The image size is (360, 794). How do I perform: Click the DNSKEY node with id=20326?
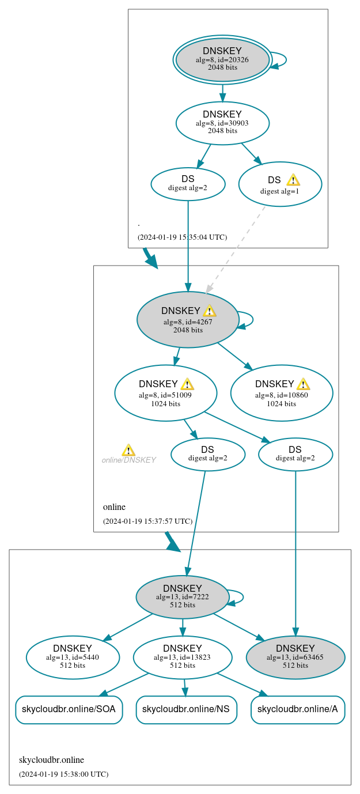coord(222,59)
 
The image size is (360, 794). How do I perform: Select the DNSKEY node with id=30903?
coord(222,123)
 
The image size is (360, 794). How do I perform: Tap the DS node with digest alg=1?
coord(280,184)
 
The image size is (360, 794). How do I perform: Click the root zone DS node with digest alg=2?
coord(188,184)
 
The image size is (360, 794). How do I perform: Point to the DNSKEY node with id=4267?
coord(188,320)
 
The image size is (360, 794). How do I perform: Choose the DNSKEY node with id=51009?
coord(166,393)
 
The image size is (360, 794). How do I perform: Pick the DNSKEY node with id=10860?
coord(282,393)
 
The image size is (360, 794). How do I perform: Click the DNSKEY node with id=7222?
coord(183,597)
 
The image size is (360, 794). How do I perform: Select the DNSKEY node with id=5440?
coord(73,657)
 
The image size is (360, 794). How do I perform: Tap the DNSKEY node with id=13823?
coord(183,657)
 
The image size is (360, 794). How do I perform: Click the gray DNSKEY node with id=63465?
coord(295,657)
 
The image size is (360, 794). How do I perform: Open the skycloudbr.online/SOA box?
coord(69,709)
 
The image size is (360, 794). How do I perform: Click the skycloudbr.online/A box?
coord(298,709)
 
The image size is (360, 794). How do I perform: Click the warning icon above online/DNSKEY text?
coord(128,450)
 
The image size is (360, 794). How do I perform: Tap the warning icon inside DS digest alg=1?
coord(293,180)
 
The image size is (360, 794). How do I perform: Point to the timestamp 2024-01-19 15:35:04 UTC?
coord(182,237)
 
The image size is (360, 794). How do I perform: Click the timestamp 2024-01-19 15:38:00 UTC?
coord(63,774)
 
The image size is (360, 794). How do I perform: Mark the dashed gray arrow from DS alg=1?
coord(236,249)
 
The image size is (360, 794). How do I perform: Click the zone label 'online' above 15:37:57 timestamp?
coord(114,507)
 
